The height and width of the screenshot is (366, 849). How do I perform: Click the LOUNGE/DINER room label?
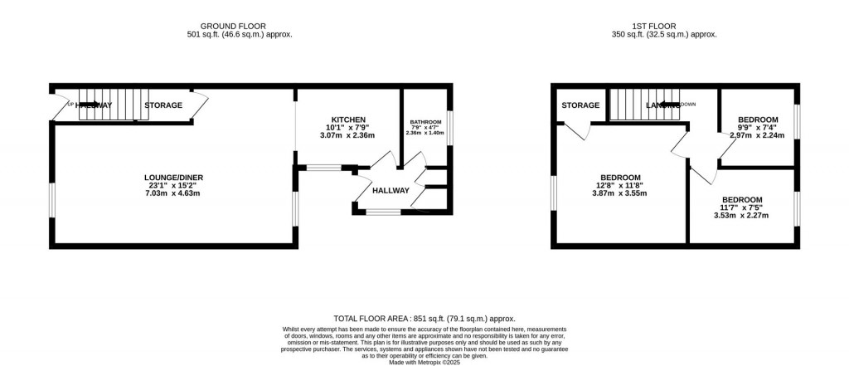[173, 178]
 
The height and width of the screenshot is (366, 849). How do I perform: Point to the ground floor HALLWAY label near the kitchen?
[391, 191]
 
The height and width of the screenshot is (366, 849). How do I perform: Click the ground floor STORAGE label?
[163, 105]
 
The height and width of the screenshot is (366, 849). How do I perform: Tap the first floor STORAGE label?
[580, 105]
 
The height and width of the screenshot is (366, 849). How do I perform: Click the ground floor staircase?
[108, 104]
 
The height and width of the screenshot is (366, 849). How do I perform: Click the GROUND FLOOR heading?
[240, 26]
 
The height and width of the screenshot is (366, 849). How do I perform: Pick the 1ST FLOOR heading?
[658, 26]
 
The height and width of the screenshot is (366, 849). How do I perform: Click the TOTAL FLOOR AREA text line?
[424, 319]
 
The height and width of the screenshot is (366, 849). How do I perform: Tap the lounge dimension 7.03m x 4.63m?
[173, 193]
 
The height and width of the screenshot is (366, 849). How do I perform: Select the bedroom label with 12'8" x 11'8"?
[620, 178]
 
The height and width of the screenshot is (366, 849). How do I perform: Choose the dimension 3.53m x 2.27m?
[741, 216]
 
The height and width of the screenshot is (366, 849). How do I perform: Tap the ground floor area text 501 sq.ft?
[240, 35]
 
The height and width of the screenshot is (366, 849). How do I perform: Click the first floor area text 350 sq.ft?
[658, 35]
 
